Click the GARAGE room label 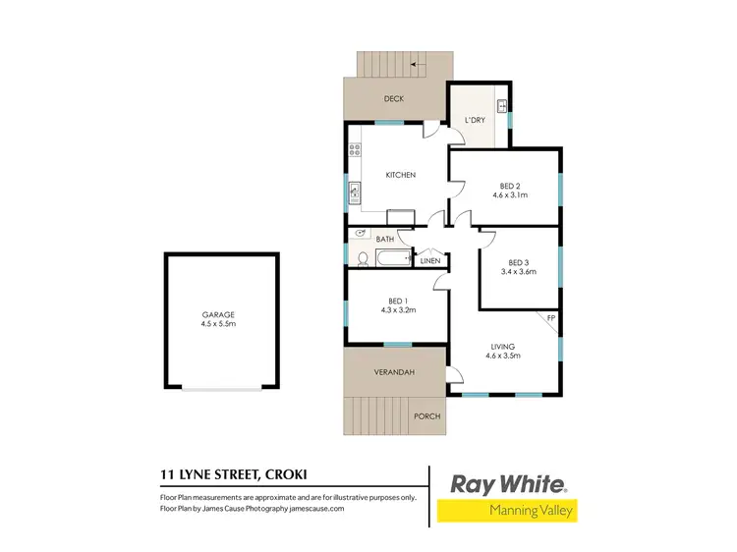click(x=218, y=314)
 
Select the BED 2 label click(x=509, y=186)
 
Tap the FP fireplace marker click(x=551, y=319)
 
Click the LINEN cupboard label click(x=430, y=260)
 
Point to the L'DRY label click(x=475, y=120)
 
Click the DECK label click(x=394, y=99)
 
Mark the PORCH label click(x=427, y=416)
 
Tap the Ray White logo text click(x=508, y=483)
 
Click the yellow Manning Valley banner click(x=508, y=511)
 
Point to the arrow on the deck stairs click(x=419, y=64)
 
